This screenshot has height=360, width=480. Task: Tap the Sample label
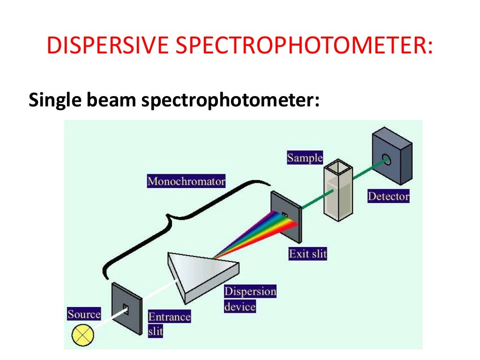point(305,157)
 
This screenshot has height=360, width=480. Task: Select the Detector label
point(388,196)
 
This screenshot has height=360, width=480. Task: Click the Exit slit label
point(307,254)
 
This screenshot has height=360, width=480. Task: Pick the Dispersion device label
point(250,299)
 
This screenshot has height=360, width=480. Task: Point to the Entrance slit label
point(169,323)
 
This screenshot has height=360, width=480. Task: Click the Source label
point(84,314)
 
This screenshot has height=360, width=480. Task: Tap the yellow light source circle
point(83,336)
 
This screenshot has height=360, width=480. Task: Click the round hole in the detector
point(386,161)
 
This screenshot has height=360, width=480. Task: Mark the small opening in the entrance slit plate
point(126,308)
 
